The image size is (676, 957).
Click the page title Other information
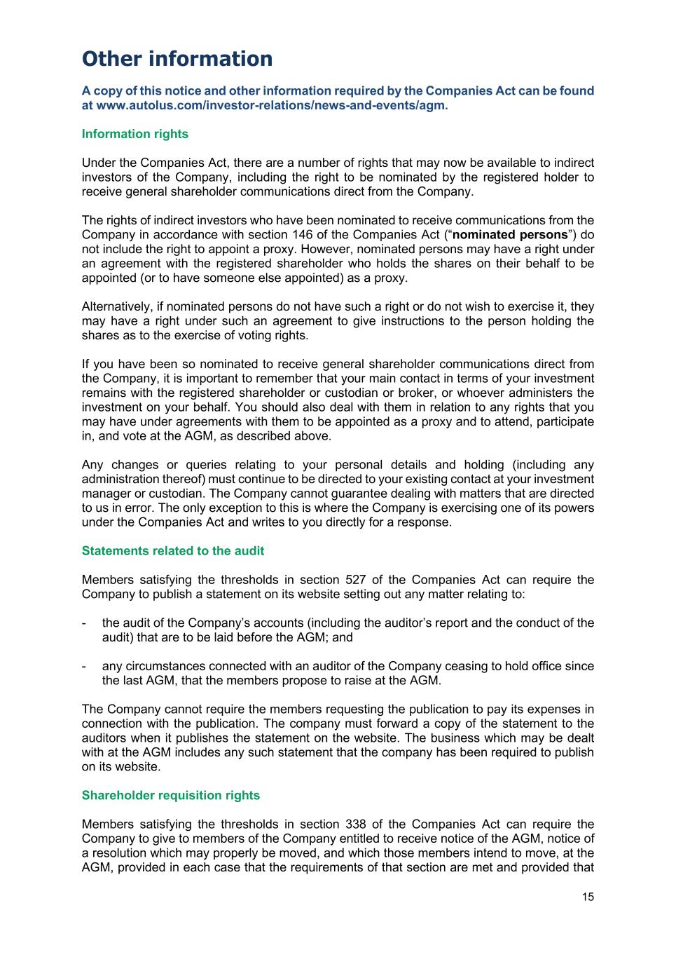(177, 59)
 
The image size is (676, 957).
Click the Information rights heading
(135, 134)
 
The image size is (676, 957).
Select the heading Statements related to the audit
(173, 551)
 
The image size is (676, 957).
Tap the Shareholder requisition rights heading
(171, 795)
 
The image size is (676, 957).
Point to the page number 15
(588, 897)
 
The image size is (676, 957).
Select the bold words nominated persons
(510, 235)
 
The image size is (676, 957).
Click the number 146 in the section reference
(338, 235)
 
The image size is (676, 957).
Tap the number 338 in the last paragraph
(357, 824)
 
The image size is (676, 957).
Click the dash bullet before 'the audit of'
(84, 623)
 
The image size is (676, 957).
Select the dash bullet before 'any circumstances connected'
(84, 666)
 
